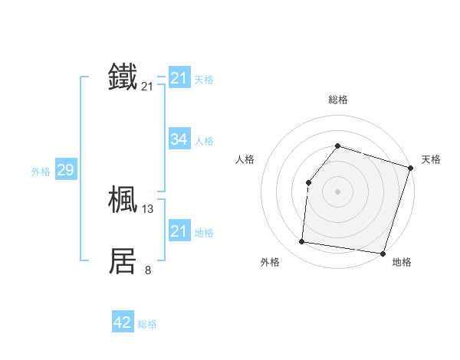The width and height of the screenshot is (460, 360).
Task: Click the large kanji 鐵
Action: (123, 77)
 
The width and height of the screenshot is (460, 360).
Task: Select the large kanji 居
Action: (123, 261)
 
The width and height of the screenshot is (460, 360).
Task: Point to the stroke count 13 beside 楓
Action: (148, 208)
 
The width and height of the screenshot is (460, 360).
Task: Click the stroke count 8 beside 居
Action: (148, 270)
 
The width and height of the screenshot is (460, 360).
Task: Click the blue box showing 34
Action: (179, 139)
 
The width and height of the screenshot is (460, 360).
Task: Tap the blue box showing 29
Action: (65, 170)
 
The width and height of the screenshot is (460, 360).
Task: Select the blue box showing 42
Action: (122, 322)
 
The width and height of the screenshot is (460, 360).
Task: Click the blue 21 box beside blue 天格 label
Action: (179, 78)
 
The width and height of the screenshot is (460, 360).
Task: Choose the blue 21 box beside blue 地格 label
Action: (179, 231)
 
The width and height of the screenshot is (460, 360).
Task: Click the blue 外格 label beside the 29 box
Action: (41, 172)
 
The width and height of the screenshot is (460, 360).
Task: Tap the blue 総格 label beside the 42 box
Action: (147, 324)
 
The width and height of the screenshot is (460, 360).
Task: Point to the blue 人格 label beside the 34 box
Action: (205, 141)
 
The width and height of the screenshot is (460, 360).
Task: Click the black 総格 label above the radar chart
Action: (337, 100)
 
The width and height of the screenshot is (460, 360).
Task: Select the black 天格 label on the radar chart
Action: (431, 159)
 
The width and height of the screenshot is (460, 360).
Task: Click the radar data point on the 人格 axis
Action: (308, 182)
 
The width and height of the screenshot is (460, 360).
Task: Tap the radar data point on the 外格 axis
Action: (302, 241)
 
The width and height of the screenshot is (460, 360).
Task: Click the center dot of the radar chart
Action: (337, 191)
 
